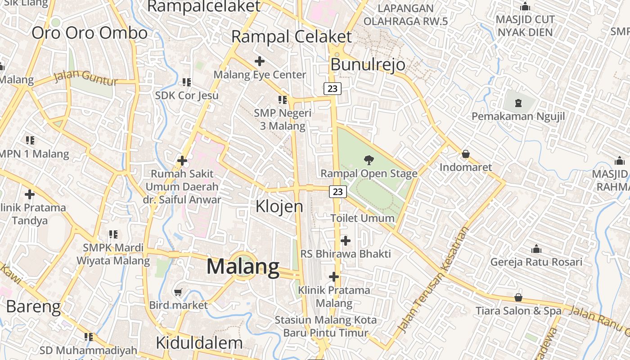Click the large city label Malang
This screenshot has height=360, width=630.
243,267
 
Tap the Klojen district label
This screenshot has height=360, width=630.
279,207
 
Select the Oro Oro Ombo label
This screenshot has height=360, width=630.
90,33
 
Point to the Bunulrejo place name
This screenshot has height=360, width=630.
368,65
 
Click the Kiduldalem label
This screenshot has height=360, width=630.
199,343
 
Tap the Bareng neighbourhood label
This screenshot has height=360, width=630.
33,306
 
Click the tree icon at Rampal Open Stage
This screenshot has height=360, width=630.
369,159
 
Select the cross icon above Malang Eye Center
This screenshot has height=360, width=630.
260,61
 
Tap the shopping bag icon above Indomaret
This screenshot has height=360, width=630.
466,154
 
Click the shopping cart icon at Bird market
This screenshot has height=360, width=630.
178,292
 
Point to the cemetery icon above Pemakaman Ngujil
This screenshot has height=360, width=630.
518,103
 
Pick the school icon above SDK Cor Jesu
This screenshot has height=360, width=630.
187,82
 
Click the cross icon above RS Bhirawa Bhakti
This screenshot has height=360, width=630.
346,240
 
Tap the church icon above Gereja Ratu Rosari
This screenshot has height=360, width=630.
536,249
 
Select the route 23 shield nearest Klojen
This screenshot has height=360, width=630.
338,192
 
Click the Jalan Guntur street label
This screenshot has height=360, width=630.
85,78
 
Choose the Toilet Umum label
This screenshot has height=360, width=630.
362,218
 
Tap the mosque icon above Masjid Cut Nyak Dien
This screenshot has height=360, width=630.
525,7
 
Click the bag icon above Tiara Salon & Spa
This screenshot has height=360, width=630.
518,297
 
